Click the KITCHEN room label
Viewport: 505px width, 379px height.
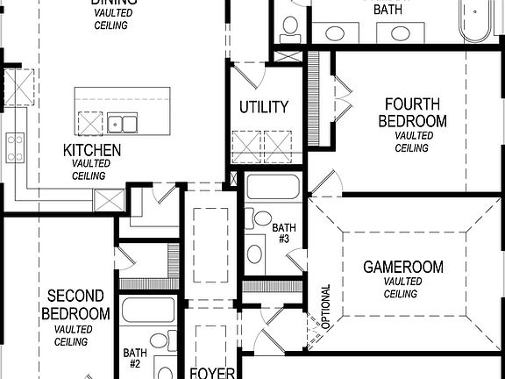[91, 150]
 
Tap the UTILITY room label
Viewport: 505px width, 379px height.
[264, 107]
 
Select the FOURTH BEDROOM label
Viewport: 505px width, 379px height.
[412, 112]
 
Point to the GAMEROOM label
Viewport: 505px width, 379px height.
[403, 267]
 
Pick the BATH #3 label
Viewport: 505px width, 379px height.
[285, 232]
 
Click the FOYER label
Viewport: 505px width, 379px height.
[212, 373]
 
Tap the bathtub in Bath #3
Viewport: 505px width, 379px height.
[273, 187]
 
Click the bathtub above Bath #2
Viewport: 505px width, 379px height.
[148, 310]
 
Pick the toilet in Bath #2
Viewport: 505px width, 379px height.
[160, 340]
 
